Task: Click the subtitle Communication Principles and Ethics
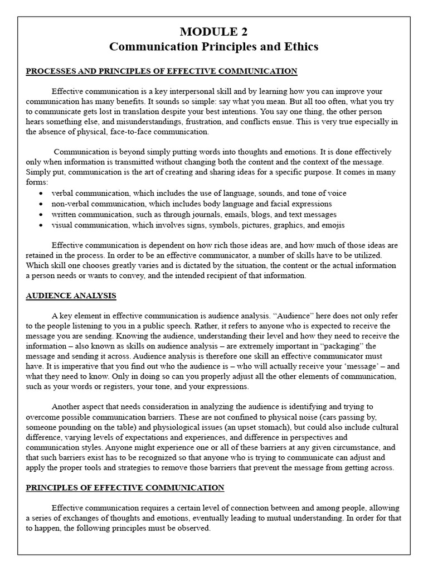coord(214,47)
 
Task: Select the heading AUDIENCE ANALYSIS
coord(71,296)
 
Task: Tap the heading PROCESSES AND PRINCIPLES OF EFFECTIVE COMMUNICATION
coord(162,71)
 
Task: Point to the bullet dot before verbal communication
coord(42,193)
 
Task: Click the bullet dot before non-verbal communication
coord(42,204)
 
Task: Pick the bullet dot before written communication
coord(42,215)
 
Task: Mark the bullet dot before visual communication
coord(42,225)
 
